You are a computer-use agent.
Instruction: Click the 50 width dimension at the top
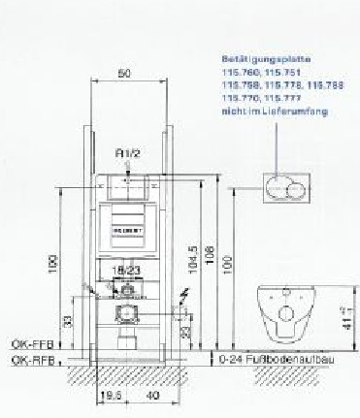(x=123, y=73)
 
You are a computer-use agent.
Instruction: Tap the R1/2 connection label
(x=128, y=153)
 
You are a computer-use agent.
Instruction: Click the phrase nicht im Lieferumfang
(x=273, y=112)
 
